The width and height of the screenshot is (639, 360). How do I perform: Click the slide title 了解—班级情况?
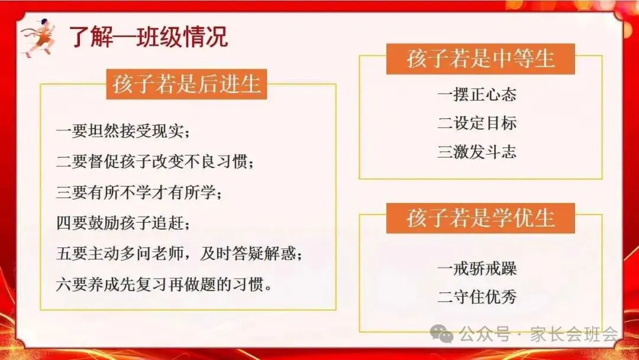pos(148,37)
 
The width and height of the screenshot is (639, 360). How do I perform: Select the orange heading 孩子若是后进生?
pos(186,83)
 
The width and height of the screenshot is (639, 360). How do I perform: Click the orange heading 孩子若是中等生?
pos(480,59)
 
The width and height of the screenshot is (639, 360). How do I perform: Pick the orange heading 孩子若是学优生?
pos(480,217)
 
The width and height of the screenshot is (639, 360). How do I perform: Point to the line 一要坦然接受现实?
pos(123,131)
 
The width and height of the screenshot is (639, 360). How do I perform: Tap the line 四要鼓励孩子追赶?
pos(123,223)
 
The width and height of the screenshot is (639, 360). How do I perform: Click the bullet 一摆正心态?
pos(477,94)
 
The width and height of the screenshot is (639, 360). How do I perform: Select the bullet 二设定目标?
pos(477,123)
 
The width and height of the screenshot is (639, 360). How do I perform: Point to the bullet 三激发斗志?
pos(477,152)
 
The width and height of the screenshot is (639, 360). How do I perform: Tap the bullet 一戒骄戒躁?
pos(477,268)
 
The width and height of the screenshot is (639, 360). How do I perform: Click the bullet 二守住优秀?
pos(477,297)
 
